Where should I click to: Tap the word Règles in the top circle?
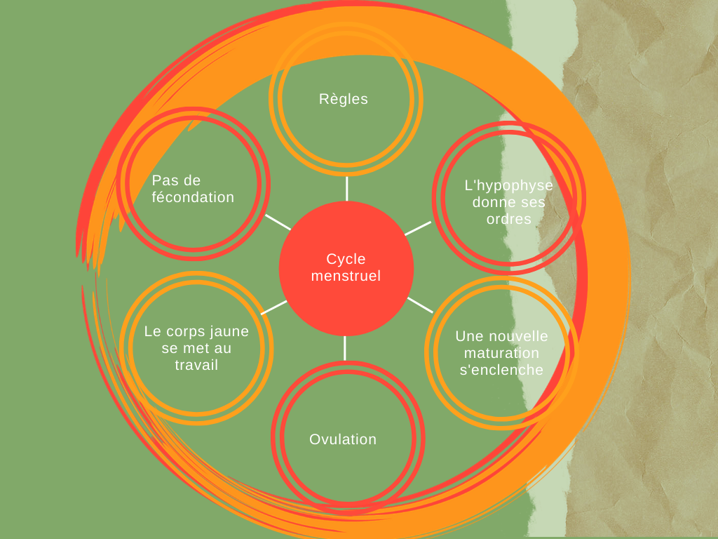344,99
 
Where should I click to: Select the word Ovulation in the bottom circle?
343,439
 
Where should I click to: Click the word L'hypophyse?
509,185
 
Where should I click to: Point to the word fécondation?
193,197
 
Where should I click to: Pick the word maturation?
501,353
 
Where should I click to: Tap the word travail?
196,365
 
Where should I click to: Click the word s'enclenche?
501,370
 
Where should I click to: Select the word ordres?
508,219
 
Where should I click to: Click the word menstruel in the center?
346,276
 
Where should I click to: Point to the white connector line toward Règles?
346,188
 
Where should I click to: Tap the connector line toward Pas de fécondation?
278,222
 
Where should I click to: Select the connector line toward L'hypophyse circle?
417,228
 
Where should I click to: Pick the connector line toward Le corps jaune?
273,307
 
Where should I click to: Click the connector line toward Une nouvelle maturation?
420,304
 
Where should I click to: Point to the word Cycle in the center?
346,259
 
